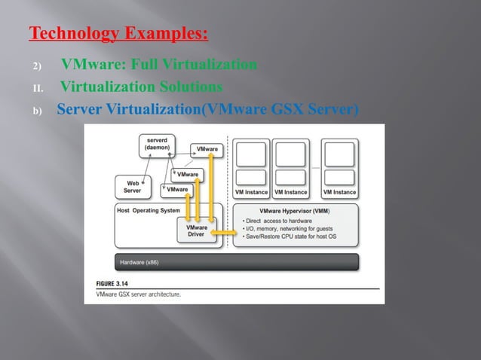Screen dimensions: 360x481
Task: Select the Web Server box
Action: (x=132, y=186)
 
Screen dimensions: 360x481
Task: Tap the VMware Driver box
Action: (x=196, y=230)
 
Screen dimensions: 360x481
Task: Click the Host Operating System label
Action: (x=149, y=210)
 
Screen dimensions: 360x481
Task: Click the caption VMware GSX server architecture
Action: (x=133, y=294)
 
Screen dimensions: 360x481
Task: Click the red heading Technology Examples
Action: (x=118, y=35)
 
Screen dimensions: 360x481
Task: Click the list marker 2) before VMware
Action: (x=35, y=66)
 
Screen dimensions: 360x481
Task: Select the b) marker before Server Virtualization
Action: (x=36, y=110)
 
